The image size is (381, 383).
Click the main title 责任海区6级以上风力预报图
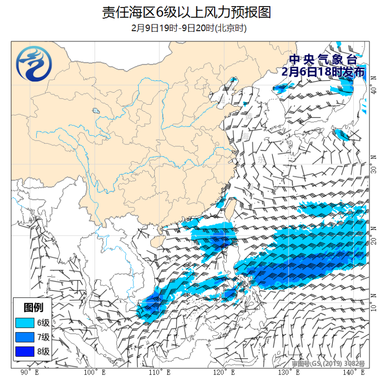pos(186,12)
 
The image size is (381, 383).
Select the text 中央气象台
pos(323,59)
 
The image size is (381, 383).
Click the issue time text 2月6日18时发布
pos(323,71)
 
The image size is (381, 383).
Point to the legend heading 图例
pos(33,307)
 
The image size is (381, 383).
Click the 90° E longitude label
pos(30,372)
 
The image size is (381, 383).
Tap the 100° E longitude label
pos(95,372)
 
